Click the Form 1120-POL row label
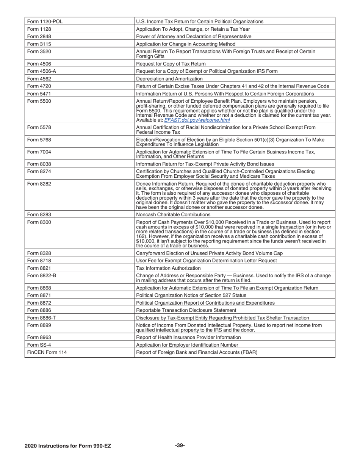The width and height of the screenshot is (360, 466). pyautogui.click(x=45, y=22)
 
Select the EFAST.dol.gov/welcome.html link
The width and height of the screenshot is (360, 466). pyautogui.click(x=197, y=120)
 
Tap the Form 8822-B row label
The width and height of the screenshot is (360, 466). pyautogui.click(x=42, y=275)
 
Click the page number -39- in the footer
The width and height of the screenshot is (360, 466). pyautogui.click(x=180, y=446)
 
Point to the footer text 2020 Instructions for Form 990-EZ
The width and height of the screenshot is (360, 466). pyautogui.click(x=68, y=446)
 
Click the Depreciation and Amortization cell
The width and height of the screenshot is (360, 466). pyautogui.click(x=169, y=79)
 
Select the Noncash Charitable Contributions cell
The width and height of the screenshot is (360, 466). pyautogui.click(x=174, y=214)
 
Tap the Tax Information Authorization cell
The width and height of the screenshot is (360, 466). pyautogui.click(x=163, y=268)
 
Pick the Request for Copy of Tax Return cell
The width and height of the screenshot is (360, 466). pyautogui.click(x=171, y=64)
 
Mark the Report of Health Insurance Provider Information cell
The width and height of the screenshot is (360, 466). pyautogui.click(x=188, y=337)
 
